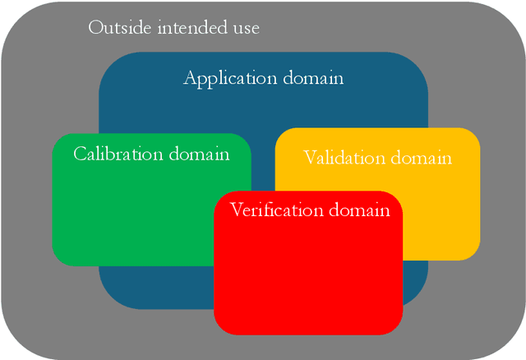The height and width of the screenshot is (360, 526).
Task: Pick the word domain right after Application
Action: click(x=313, y=79)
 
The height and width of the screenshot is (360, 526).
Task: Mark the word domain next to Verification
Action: click(x=359, y=210)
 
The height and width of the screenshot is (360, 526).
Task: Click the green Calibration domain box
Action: click(x=131, y=214)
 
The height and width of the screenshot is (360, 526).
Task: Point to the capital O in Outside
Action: click(x=95, y=27)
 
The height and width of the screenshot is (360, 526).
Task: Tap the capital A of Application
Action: click(x=190, y=79)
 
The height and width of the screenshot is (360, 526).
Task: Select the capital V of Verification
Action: click(x=237, y=210)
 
